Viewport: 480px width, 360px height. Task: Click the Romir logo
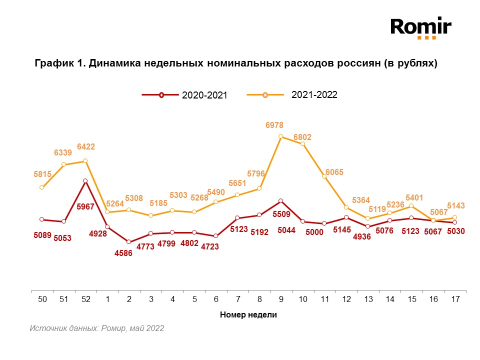click(x=421, y=27)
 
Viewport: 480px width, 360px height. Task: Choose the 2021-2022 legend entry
click(x=292, y=94)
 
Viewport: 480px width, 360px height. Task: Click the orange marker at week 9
click(x=281, y=136)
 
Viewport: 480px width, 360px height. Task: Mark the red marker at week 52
click(x=86, y=181)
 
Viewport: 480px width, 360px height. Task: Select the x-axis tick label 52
click(x=86, y=299)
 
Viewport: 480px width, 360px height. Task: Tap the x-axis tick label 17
click(x=455, y=299)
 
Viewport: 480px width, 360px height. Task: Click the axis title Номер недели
click(x=248, y=315)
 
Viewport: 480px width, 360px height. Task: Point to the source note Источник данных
click(x=96, y=328)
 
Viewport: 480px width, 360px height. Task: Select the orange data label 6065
click(x=334, y=172)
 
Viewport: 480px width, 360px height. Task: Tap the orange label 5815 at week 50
click(x=42, y=174)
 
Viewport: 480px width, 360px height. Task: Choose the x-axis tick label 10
click(x=302, y=299)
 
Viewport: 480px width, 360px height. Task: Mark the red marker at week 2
click(x=129, y=242)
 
